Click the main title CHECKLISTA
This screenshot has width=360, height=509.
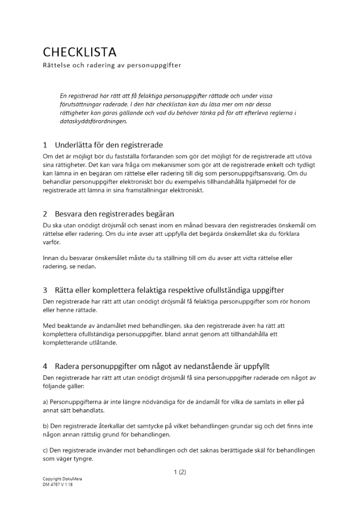pos(79,52)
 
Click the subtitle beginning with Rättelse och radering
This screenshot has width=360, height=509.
pos(112,65)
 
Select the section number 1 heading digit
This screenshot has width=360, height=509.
pos(45,145)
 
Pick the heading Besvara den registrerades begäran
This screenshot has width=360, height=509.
pos(115,214)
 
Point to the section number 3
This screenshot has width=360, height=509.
pos(45,290)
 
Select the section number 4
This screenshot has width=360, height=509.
pos(45,366)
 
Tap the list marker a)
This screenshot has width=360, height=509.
pos(45,402)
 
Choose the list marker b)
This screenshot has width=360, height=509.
pos(45,426)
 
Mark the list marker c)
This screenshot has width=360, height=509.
pos(45,450)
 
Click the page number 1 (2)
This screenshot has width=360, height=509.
pos(180,472)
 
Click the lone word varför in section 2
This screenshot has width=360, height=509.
pos(51,242)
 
